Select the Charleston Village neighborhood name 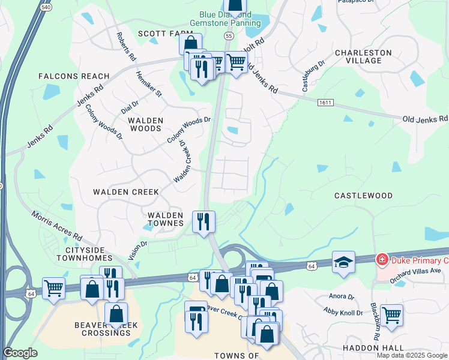363,56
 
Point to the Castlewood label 363,196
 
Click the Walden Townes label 165,219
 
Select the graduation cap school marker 343,262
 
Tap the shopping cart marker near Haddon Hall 391,314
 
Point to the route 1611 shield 325,103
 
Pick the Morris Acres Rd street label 56,226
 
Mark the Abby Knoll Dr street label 343,313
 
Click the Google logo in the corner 20,353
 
